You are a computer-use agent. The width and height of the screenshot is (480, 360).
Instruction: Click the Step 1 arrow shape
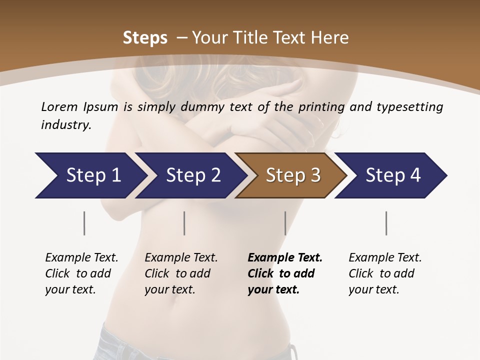pyautogui.click(x=90, y=175)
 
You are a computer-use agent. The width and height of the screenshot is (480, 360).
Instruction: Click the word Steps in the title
pyautogui.click(x=145, y=38)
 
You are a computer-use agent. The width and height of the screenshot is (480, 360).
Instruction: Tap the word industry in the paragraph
pyautogui.click(x=65, y=125)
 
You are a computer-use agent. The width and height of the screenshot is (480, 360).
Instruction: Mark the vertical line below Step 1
pyautogui.click(x=84, y=223)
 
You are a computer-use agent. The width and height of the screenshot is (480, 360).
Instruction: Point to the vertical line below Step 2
pyautogui.click(x=184, y=223)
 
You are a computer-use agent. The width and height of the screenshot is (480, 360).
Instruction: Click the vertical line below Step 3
pyautogui.click(x=285, y=223)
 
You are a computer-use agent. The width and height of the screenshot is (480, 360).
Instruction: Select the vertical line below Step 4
pyautogui.click(x=386, y=223)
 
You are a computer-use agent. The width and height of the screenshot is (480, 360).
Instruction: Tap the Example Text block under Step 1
pyautogui.click(x=81, y=273)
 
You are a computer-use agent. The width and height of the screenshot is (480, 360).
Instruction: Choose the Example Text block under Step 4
pyautogui.click(x=385, y=273)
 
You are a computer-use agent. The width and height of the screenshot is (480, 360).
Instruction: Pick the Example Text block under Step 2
pyautogui.click(x=181, y=273)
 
